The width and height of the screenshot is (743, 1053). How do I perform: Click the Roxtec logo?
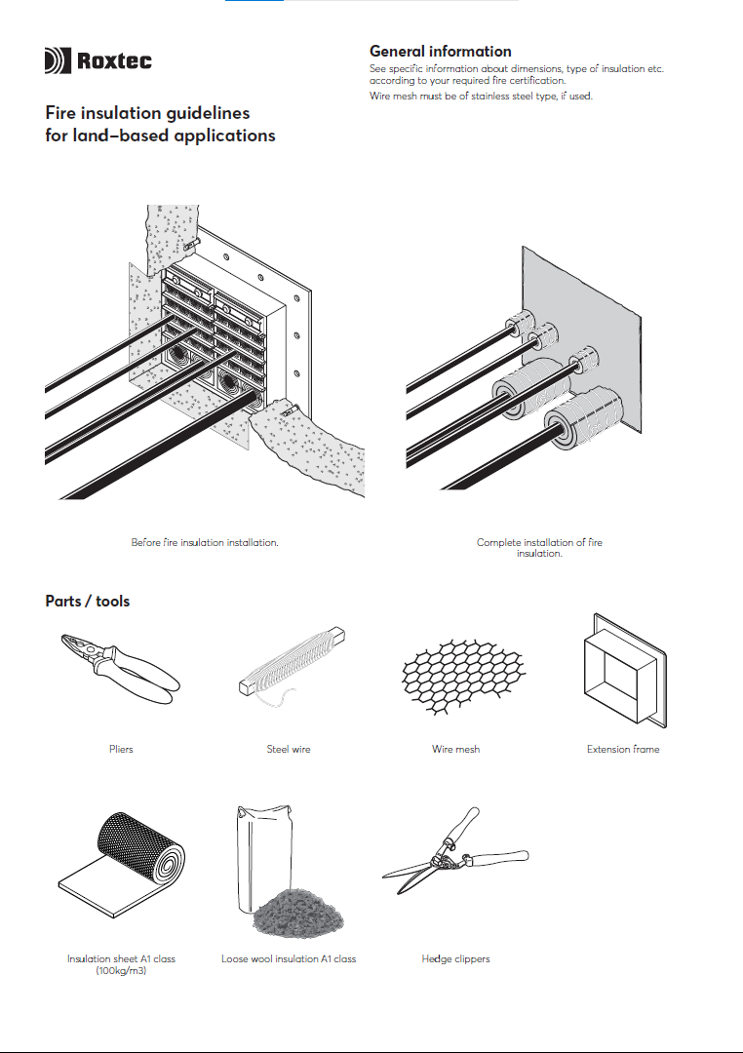coord(98,61)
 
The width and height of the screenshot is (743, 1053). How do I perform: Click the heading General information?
coord(440,51)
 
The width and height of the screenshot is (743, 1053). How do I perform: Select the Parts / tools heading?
coord(87,601)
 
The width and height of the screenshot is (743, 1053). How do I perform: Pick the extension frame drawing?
coord(623,672)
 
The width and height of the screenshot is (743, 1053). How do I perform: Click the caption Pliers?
coord(121,749)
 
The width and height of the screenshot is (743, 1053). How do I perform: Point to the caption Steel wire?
coord(289,749)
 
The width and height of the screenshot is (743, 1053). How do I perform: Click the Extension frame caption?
coord(623,749)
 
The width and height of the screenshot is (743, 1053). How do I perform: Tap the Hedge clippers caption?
coord(455,958)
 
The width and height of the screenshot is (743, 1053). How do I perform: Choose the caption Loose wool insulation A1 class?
coord(289,958)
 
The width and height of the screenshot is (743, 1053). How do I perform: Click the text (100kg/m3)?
coord(121,970)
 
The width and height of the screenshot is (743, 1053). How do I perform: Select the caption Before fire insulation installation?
coord(205,542)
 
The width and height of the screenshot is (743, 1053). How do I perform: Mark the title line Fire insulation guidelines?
coord(147,114)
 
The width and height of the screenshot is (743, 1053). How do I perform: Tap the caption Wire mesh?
coord(455,749)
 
